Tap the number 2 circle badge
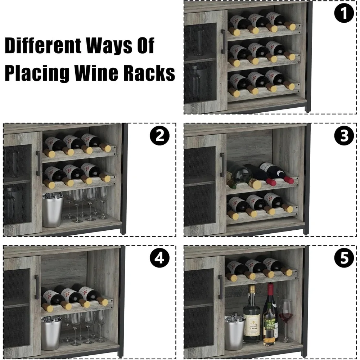(x=159, y=136)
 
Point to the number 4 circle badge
(x=159, y=259)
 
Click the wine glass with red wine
(x=286, y=317)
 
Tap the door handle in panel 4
(x=37, y=287)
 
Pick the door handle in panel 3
(x=222, y=165)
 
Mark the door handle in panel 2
(x=38, y=163)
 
